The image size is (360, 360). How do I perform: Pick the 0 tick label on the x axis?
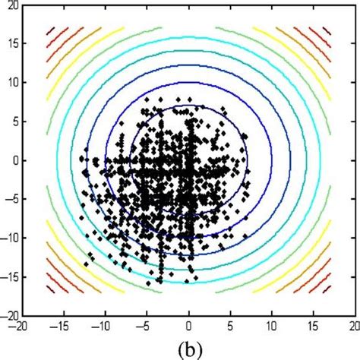point(190,324)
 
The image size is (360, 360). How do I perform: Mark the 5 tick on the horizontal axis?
point(232,324)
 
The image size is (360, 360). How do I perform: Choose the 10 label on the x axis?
point(273,324)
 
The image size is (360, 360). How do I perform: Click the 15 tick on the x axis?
point(315,324)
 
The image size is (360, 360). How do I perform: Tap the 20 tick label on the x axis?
point(353,324)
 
